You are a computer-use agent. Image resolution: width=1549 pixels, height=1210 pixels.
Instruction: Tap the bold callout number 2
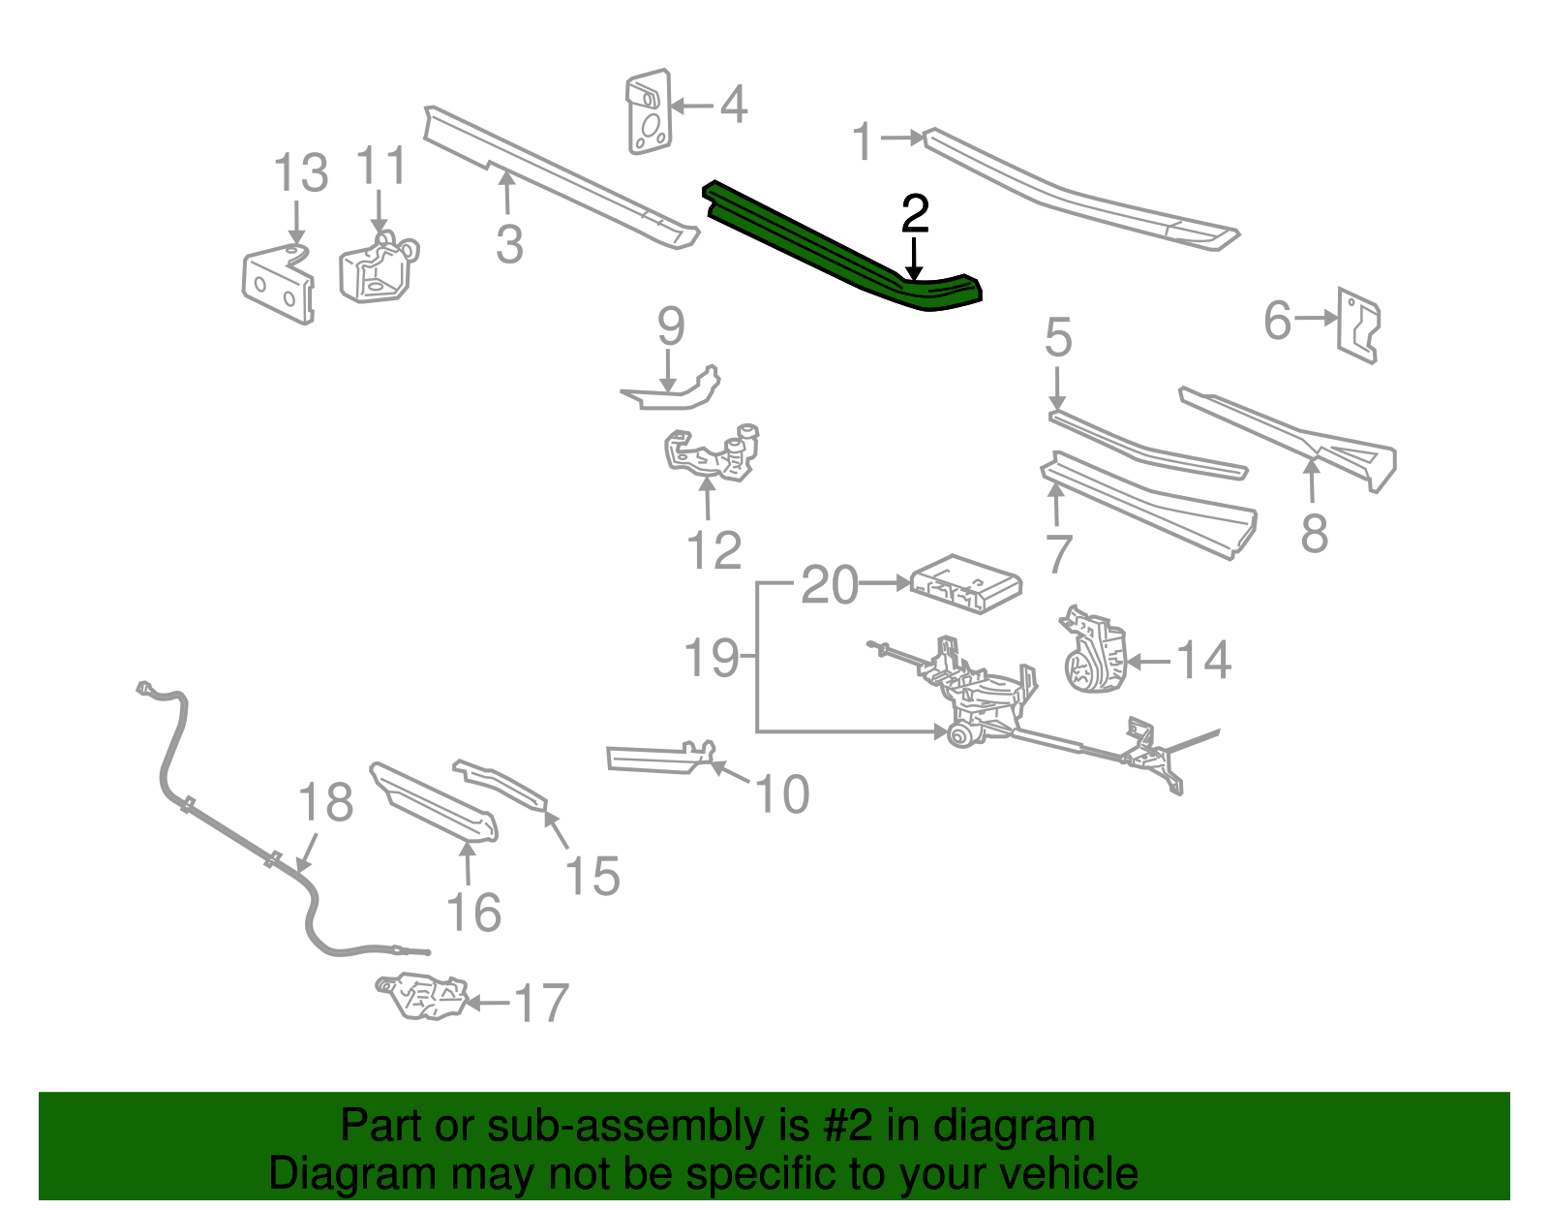tap(914, 214)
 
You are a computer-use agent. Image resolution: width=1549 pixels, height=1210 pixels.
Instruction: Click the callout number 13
tap(300, 174)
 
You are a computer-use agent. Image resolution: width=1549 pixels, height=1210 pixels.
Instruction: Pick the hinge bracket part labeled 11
tap(376, 269)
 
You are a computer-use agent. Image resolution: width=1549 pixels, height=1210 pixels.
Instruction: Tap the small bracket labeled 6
tap(1358, 325)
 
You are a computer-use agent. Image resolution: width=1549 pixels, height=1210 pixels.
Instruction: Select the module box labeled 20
tap(966, 583)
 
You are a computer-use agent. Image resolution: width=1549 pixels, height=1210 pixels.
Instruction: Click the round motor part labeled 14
tap(1096, 651)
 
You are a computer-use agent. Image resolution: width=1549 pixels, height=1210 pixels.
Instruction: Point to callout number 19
tap(712, 658)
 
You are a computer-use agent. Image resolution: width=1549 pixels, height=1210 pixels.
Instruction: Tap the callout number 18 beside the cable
tap(325, 802)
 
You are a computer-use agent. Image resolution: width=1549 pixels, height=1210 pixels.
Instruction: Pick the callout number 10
tap(781, 794)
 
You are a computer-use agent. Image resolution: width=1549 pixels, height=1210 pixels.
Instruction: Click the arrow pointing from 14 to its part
tap(1150, 662)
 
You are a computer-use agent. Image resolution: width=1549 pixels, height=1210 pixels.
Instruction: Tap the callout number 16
tap(473, 913)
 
